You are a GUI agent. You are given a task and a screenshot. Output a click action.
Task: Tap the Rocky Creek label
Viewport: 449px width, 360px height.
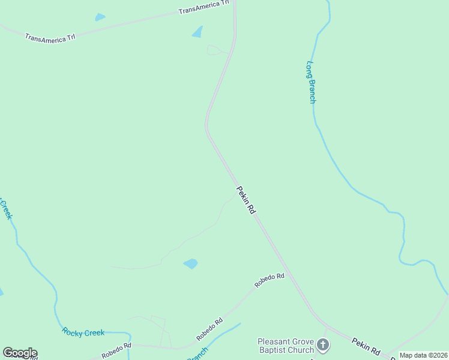(x=83, y=332)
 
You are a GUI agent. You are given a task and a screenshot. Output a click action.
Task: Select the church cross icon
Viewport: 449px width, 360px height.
(x=323, y=344)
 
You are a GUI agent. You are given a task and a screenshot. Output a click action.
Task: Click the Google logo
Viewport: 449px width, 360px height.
(x=20, y=353)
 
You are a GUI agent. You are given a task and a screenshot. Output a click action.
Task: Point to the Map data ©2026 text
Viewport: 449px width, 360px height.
(x=424, y=355)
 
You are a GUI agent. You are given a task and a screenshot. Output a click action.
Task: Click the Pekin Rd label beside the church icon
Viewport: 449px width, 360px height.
(x=366, y=345)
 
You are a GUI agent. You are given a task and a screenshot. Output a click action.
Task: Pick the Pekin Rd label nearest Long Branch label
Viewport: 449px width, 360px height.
(x=246, y=200)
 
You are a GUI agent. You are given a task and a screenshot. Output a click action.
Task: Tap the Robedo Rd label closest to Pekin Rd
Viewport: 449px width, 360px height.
(x=269, y=280)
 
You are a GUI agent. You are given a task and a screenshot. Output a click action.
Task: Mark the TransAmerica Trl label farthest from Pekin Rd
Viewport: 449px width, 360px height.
(x=50, y=37)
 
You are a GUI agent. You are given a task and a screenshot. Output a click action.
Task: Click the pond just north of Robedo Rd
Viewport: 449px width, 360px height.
(x=190, y=263)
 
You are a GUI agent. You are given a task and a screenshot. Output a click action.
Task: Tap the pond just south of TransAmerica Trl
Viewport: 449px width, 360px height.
(x=197, y=32)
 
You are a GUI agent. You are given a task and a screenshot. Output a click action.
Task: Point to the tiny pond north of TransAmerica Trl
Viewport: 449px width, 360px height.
(x=100, y=17)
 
